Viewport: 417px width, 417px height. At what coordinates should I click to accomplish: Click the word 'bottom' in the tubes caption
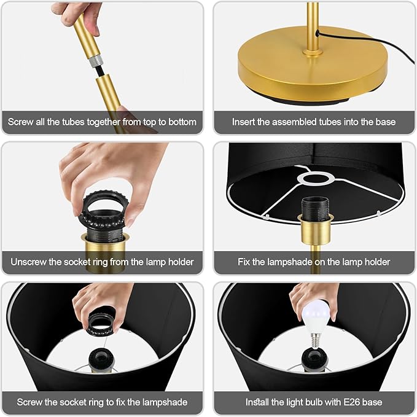click(x=182, y=122)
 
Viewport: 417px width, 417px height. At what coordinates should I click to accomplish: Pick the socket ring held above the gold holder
click(x=104, y=211)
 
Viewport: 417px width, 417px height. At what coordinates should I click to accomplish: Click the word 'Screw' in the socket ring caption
click(x=29, y=402)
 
